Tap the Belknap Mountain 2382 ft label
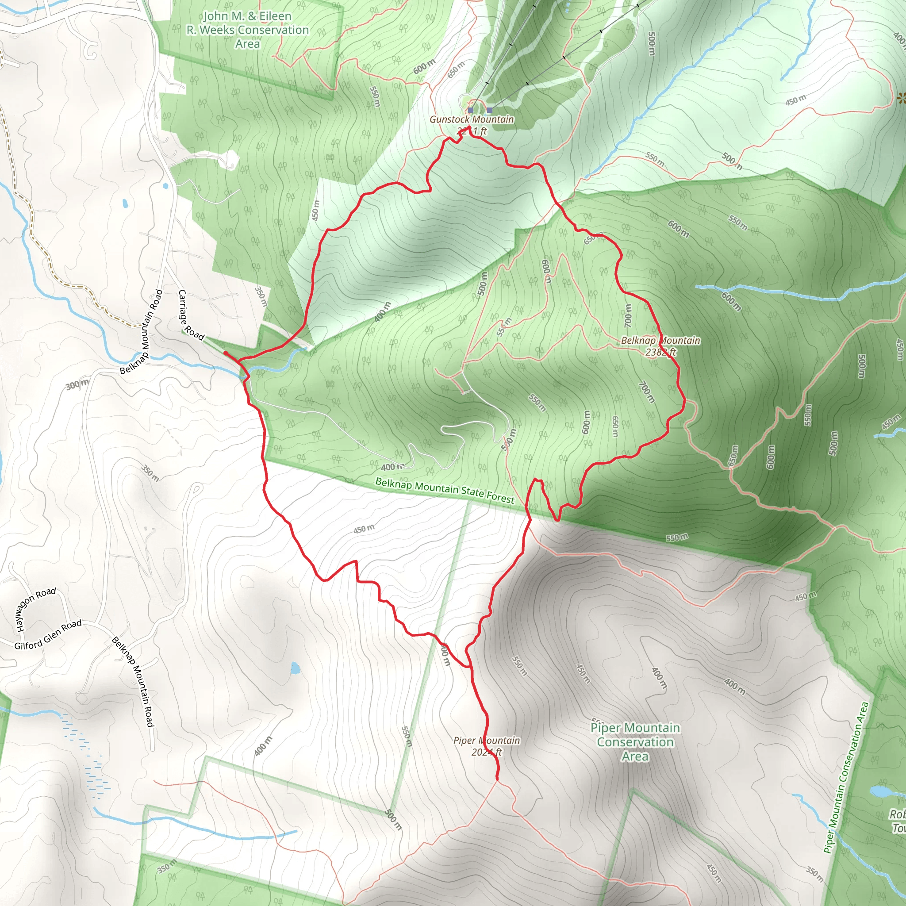click(x=660, y=346)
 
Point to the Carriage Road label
click(x=191, y=315)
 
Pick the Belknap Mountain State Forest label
click(x=445, y=490)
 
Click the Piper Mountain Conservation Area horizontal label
click(x=635, y=742)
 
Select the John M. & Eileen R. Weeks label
click(x=248, y=30)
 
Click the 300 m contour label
click(x=77, y=385)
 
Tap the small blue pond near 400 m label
click(x=295, y=668)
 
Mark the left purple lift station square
click(x=470, y=110)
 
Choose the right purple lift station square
click(x=490, y=110)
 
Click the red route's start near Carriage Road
click(x=226, y=353)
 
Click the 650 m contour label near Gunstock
click(x=456, y=69)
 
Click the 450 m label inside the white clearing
click(x=364, y=529)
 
